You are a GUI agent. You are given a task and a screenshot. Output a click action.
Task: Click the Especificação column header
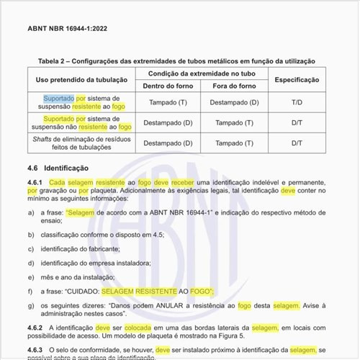click(x=297, y=80)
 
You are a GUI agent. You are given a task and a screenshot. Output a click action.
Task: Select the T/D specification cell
click(x=297, y=102)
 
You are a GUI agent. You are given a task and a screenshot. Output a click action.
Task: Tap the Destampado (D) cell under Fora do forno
click(x=234, y=102)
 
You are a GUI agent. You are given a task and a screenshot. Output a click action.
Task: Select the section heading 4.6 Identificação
click(x=57, y=167)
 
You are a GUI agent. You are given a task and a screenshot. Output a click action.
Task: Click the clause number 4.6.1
click(x=37, y=183)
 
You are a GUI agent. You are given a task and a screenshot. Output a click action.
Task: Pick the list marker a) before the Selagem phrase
click(x=31, y=214)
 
